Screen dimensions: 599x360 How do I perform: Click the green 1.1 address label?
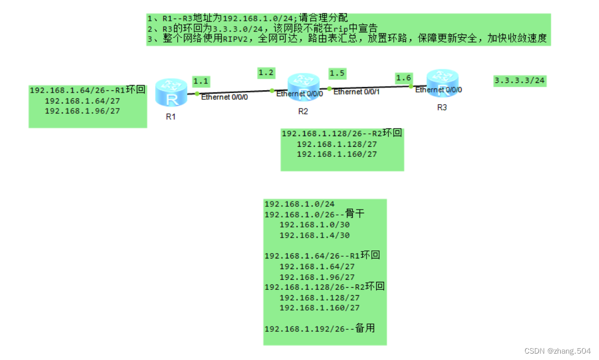click(x=201, y=82)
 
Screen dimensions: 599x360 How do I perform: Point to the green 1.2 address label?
click(x=266, y=72)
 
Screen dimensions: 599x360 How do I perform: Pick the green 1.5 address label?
click(x=337, y=73)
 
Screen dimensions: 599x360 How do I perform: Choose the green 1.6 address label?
click(x=403, y=78)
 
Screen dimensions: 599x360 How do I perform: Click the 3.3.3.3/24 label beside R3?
click(x=519, y=81)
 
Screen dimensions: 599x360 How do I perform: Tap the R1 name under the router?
click(x=170, y=117)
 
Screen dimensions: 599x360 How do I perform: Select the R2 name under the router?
click(x=303, y=111)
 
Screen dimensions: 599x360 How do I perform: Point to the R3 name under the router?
click(x=442, y=107)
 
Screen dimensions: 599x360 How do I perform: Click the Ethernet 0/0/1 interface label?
click(x=356, y=92)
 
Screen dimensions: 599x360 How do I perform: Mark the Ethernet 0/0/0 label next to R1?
click(x=224, y=97)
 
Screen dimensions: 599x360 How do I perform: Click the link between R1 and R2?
click(x=234, y=91)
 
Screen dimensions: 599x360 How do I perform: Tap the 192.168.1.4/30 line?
click(x=314, y=235)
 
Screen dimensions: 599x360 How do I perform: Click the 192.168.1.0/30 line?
click(x=314, y=225)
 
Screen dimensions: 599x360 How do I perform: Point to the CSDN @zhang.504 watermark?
click(x=557, y=351)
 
